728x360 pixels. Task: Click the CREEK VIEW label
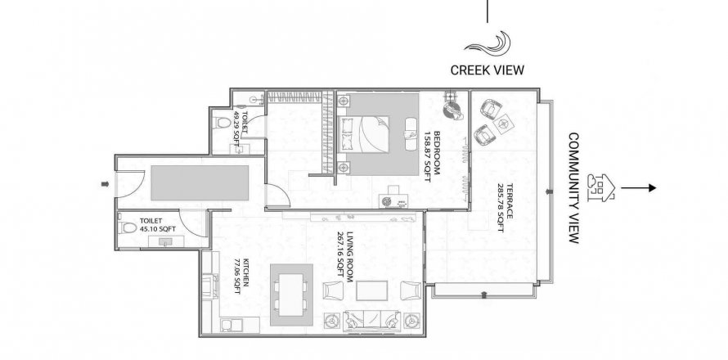click(x=487, y=70)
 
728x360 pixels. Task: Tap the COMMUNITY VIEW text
click(x=574, y=188)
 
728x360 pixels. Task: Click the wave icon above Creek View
click(x=488, y=43)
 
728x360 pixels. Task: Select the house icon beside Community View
click(x=600, y=187)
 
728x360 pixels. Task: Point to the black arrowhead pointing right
click(x=652, y=187)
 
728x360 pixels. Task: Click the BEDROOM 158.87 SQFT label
click(x=432, y=156)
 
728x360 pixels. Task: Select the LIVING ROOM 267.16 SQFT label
click(x=345, y=254)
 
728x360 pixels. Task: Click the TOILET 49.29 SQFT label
click(x=240, y=128)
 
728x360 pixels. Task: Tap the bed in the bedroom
click(x=365, y=134)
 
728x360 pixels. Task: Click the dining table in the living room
click(x=290, y=295)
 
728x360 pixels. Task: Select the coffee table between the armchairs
click(x=371, y=290)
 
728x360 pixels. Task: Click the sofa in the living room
click(x=371, y=321)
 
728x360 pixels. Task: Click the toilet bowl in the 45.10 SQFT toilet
click(x=128, y=227)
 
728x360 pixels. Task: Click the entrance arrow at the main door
click(x=105, y=184)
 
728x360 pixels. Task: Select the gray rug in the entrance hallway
click(x=200, y=183)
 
